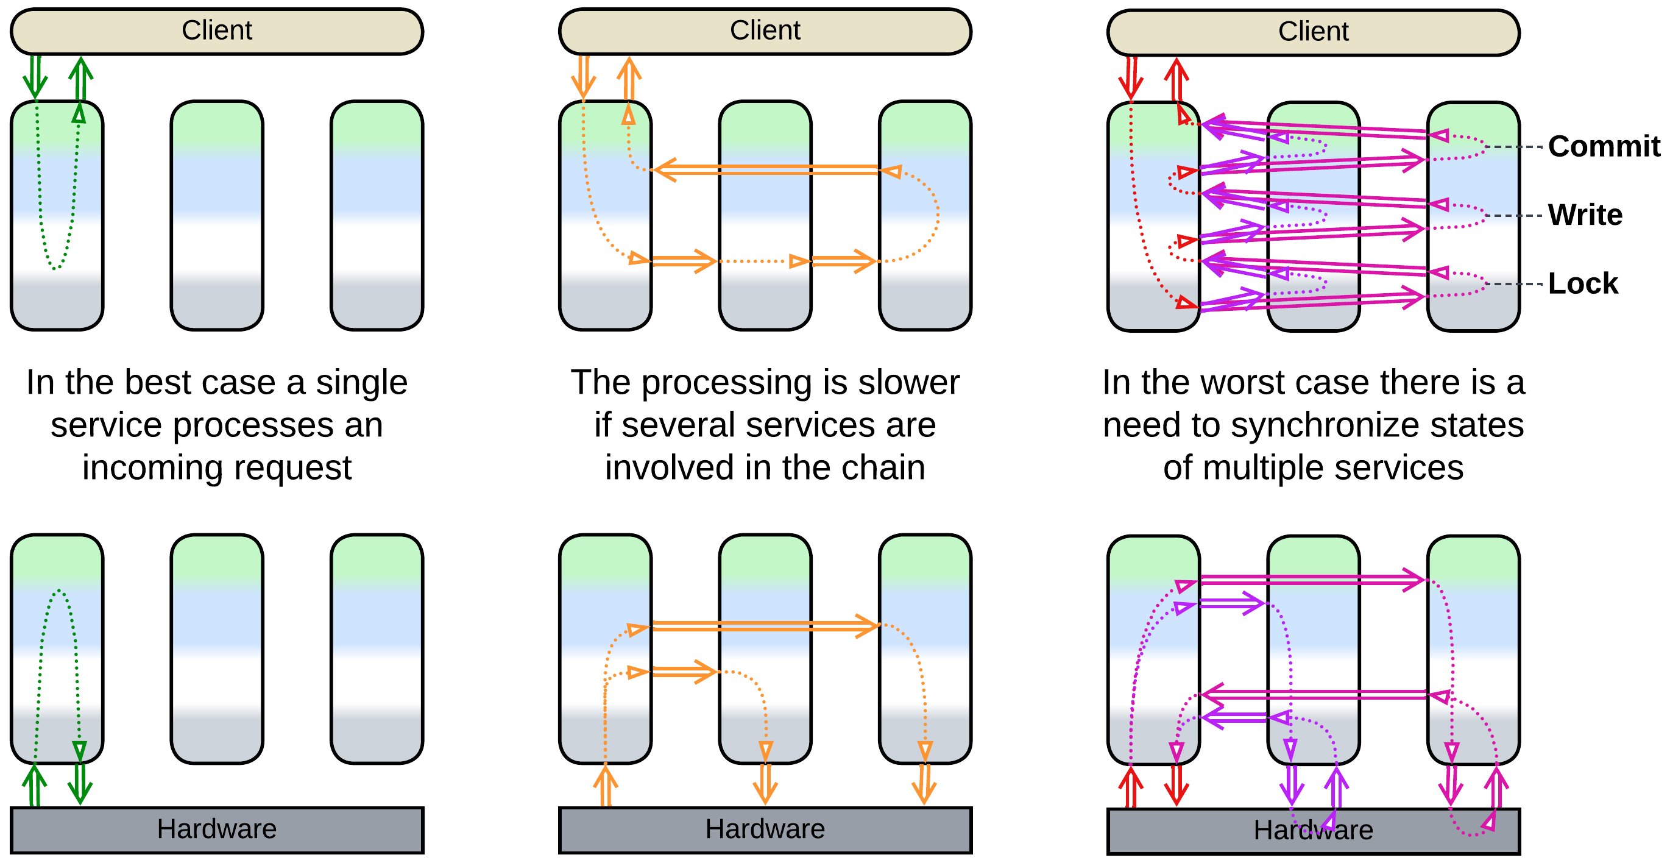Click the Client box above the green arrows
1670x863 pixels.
point(216,31)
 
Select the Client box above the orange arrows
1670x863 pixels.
point(765,31)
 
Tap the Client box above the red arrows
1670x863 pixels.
point(1313,32)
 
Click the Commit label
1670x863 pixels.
point(1604,146)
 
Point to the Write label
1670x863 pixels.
point(1585,215)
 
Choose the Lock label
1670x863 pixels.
point(1582,284)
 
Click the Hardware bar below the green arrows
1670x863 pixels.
point(216,829)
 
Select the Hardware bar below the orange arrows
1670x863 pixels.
point(765,829)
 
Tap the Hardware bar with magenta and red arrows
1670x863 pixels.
point(1313,831)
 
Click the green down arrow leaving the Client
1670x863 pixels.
point(35,78)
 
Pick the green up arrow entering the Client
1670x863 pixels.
point(80,78)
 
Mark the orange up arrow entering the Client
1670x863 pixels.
point(628,78)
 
